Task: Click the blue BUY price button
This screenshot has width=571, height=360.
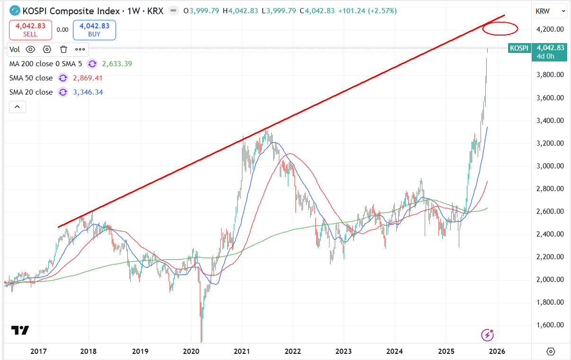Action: pos(94,29)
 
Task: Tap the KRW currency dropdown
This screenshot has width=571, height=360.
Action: pos(550,10)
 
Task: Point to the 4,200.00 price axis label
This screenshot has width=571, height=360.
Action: pos(549,29)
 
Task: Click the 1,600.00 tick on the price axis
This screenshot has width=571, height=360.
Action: pos(549,325)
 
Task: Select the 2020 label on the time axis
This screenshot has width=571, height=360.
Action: pos(191,351)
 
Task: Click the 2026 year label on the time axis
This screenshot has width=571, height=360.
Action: pos(497,351)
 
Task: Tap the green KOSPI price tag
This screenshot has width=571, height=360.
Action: pos(519,48)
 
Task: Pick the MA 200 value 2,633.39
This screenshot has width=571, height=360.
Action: pos(117,64)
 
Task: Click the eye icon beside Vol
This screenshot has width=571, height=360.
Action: pos(30,49)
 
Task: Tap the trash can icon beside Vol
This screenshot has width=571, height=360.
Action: pos(63,49)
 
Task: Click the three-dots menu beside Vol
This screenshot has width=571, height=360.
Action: pos(80,49)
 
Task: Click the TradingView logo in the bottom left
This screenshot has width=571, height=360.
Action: pos(20,330)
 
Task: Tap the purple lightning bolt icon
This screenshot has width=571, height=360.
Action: pos(487,335)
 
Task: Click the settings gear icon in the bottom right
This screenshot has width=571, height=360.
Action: pos(551,351)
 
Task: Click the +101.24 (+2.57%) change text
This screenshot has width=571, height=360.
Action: pos(367,10)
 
